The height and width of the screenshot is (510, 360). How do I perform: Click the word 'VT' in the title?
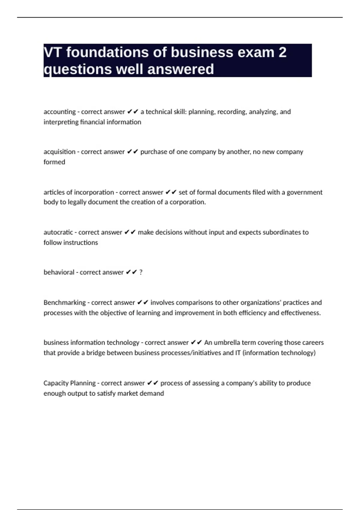coord(53,52)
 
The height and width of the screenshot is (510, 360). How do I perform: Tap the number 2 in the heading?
coord(282,52)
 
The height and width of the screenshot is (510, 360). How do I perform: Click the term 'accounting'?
coord(59,112)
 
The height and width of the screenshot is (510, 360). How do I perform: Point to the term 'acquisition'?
coord(59,152)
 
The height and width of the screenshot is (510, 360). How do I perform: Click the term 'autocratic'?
coord(58,232)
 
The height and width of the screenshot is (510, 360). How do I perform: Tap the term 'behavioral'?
coord(59,272)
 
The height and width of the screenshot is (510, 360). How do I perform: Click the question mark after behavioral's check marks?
coord(141,272)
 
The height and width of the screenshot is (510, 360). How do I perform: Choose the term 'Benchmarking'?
coord(64,303)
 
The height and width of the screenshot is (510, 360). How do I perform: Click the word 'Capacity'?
coord(55,383)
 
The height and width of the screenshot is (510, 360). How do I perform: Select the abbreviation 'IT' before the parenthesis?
coord(238,353)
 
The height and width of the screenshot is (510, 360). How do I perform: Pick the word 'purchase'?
coord(153,152)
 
